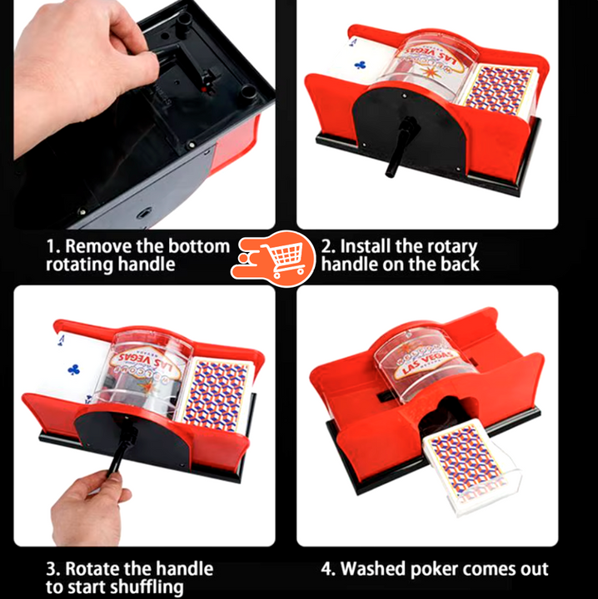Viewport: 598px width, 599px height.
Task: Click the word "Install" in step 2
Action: click(x=365, y=246)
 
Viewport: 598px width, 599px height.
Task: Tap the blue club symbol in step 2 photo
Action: click(x=360, y=66)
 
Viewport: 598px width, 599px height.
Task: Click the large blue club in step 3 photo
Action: click(x=73, y=369)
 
